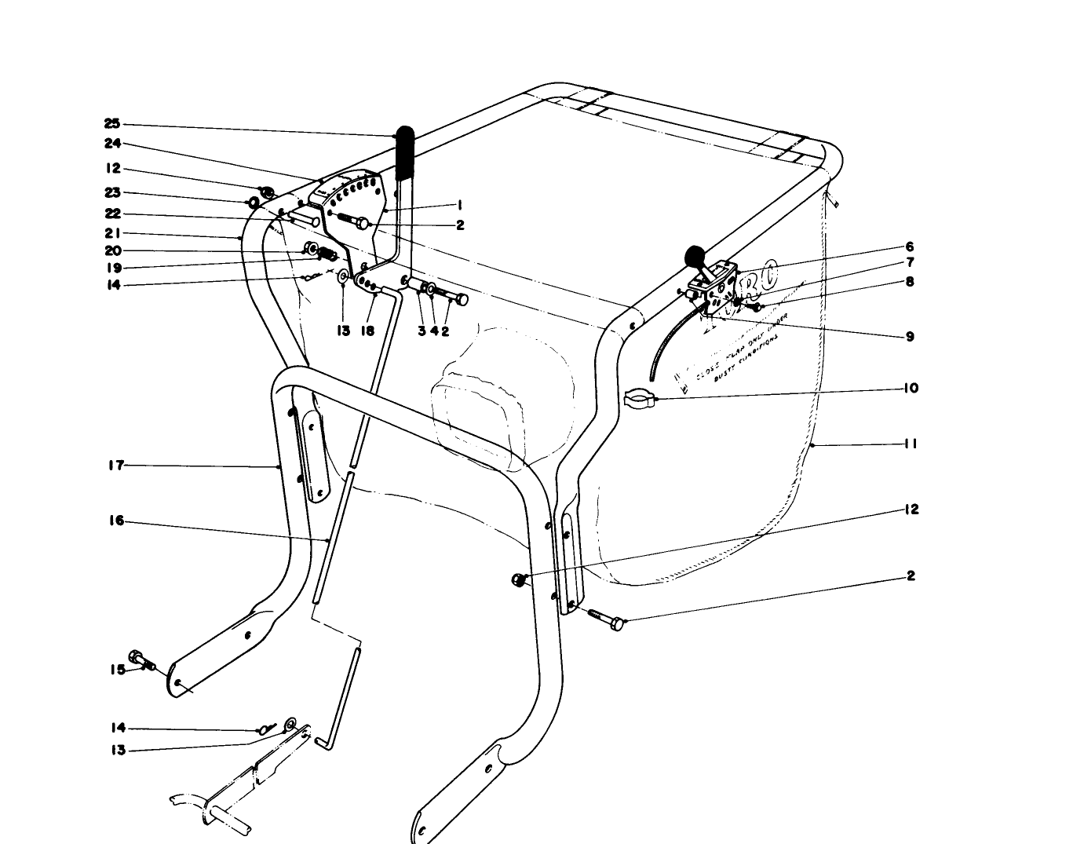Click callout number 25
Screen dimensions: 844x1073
(x=111, y=123)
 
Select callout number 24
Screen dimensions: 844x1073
(x=111, y=144)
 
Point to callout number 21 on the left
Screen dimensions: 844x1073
(x=111, y=233)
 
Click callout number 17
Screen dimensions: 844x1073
(x=116, y=466)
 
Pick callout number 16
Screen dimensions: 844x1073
(x=116, y=521)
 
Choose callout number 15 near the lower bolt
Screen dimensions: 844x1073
(x=116, y=670)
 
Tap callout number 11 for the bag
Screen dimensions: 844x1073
(x=910, y=444)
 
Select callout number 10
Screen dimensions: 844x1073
(x=910, y=388)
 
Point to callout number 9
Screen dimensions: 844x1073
(x=910, y=336)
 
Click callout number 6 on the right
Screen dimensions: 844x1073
(x=910, y=247)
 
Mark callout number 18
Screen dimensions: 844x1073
(x=367, y=331)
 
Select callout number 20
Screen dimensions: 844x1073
(x=111, y=250)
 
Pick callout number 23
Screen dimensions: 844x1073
(x=111, y=192)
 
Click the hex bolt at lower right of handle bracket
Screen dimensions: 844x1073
(x=614, y=623)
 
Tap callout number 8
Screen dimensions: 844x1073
(x=910, y=281)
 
